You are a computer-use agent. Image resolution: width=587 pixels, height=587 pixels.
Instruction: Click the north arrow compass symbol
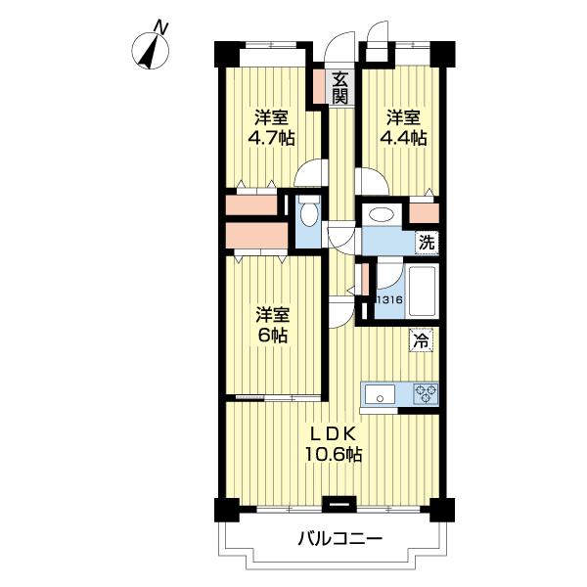coord(151,51)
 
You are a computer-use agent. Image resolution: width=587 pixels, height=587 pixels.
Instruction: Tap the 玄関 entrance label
coord(339,88)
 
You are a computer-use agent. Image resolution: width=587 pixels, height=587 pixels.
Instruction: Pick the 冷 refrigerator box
coord(422,340)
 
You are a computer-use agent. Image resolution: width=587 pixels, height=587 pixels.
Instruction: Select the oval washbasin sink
coord(379,215)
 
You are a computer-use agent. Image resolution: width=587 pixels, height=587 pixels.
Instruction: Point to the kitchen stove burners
coord(425,393)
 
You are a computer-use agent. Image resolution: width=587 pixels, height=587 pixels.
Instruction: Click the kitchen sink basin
coord(379,394)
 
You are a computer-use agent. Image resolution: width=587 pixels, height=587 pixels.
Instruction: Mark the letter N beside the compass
coord(163,30)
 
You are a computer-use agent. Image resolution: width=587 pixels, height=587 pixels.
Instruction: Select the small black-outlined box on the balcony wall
coord(339,505)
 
